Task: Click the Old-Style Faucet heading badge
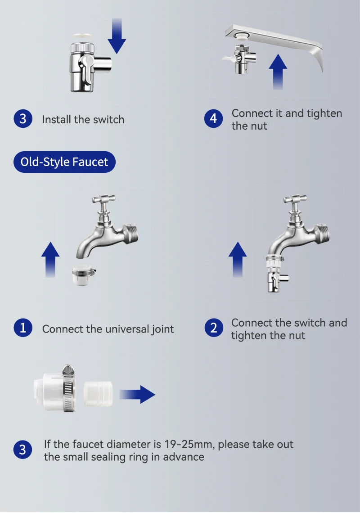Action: (x=64, y=162)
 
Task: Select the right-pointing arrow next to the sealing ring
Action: (x=139, y=394)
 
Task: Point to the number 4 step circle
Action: (x=213, y=119)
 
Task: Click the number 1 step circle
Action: (x=22, y=328)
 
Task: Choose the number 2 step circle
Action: (x=213, y=328)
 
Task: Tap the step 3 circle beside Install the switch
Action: (x=22, y=119)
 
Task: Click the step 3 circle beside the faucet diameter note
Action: (x=22, y=450)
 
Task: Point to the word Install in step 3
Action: (x=57, y=120)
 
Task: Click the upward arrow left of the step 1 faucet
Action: (x=50, y=259)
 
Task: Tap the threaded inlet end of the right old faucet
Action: (x=324, y=234)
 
